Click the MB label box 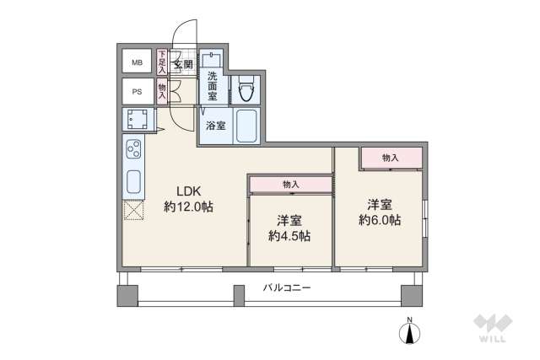[136, 62]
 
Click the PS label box [136, 91]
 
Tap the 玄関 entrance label [183, 63]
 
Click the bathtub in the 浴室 [246, 126]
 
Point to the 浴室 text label [215, 126]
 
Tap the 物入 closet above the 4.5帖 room [290, 184]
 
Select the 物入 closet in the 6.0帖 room [390, 158]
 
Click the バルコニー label [286, 288]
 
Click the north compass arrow [410, 333]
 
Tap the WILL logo [490, 330]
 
